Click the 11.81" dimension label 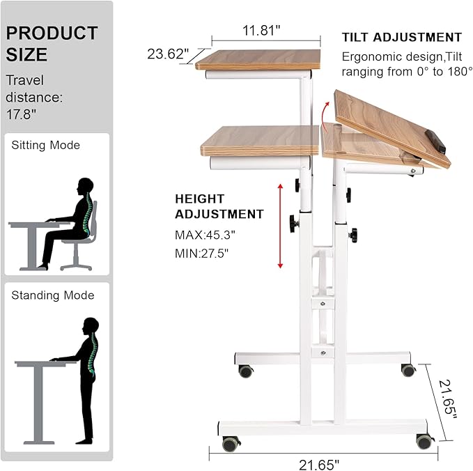coord(261,31)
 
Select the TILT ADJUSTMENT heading coord(401,38)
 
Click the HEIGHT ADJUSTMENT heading coord(219,206)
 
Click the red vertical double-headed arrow coord(280,226)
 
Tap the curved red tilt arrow coord(325,111)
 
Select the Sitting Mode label coord(45,145)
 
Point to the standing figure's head coord(90,325)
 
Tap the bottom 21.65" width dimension coord(316,463)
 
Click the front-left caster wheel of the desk coord(230,442)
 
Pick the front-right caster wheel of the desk coord(423,440)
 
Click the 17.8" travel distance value coord(20,114)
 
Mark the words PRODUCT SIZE coord(52,43)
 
